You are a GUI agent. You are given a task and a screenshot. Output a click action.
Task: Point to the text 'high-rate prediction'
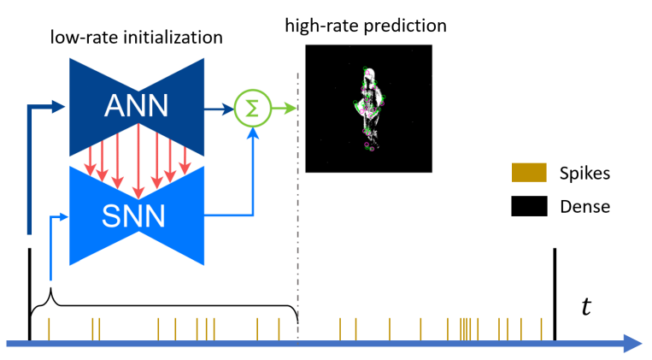click(x=367, y=26)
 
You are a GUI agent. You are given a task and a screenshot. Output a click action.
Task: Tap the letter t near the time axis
click(x=585, y=306)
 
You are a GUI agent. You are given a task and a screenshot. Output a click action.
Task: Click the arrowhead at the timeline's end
click(x=633, y=344)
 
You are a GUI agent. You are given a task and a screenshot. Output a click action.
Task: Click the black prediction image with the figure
click(x=367, y=109)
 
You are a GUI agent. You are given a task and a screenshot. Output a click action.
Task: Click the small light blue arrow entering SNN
click(x=60, y=215)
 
